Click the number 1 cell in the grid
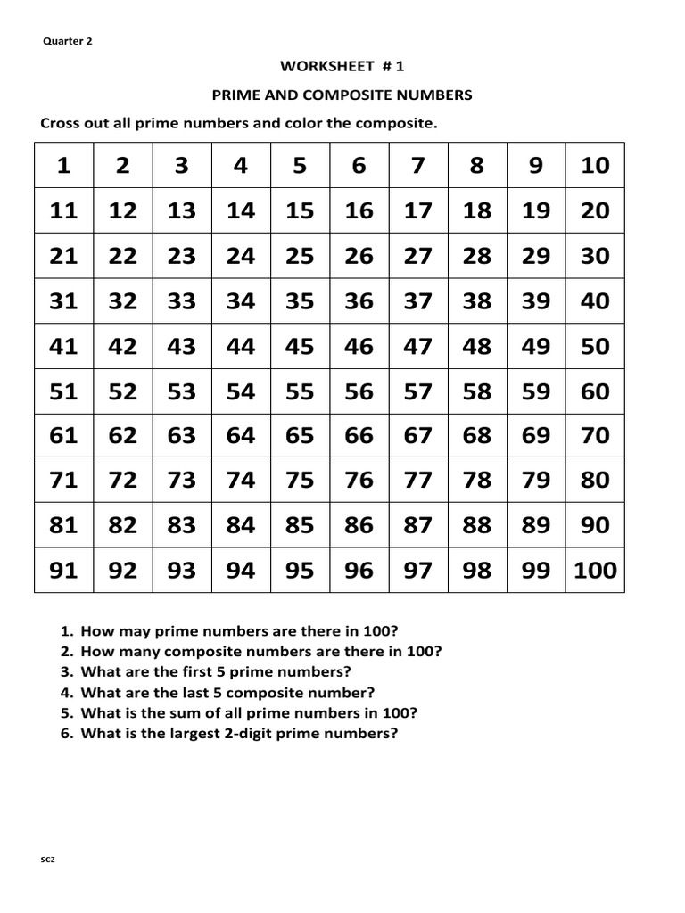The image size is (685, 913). click(x=63, y=166)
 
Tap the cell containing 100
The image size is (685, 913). click(x=595, y=570)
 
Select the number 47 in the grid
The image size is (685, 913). click(x=417, y=346)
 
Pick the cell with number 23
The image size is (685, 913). click(x=182, y=256)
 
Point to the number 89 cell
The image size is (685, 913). click(x=536, y=525)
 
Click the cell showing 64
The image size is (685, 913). click(x=241, y=436)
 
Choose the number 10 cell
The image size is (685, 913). click(x=595, y=166)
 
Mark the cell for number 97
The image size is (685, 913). click(x=417, y=570)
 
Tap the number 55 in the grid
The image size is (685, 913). click(x=300, y=391)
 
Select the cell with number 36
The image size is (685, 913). click(x=359, y=301)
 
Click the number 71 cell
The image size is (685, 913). click(x=63, y=481)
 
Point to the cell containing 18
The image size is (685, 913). click(x=477, y=211)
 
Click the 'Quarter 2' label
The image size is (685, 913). click(x=68, y=40)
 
